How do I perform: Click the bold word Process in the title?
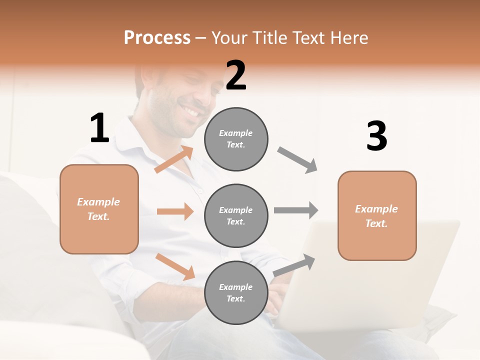coord(157,38)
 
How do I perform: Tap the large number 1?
coord(99,128)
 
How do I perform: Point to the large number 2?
coord(236,75)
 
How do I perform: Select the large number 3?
coord(376,136)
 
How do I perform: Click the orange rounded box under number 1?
coord(99,209)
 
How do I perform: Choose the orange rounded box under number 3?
coord(377,215)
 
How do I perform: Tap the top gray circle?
coord(236,139)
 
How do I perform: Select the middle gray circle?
coord(236,215)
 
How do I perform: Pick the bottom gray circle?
coord(236,292)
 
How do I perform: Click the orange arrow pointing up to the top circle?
coord(174,159)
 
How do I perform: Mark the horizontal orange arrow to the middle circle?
coord(175,211)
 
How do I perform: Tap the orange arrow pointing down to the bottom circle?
coord(175,266)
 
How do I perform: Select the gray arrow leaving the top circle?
coord(297,160)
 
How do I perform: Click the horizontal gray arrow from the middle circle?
coord(296,210)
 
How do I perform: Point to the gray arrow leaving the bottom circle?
coord(294,265)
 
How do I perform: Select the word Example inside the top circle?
coord(235,133)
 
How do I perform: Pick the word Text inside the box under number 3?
coord(376,223)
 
